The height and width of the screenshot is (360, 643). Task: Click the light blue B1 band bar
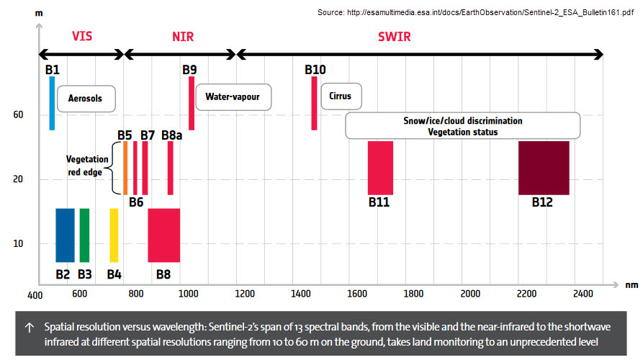52,103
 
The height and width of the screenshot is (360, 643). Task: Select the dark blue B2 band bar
65,235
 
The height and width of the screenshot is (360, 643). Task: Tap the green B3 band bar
84,235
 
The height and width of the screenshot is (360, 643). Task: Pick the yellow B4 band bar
114,235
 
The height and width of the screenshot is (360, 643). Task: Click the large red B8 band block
163,235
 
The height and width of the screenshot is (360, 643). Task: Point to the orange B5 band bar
125,168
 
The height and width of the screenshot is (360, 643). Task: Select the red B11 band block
380,168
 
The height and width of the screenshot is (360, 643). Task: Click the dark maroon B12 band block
544,168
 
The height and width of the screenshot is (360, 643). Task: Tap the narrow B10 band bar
314,103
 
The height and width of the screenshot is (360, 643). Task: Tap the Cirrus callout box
341,96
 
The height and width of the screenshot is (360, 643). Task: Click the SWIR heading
395,35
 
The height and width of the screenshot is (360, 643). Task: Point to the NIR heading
183,35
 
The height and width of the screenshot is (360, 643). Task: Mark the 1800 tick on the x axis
413,294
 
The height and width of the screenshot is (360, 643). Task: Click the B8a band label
171,135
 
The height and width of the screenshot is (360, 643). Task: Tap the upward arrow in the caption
29,327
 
